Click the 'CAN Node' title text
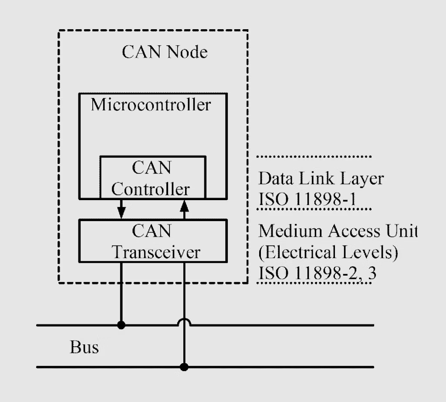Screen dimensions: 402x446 tap(165, 52)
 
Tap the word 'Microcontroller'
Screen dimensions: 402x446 tap(151, 105)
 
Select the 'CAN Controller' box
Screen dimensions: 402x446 tap(152, 178)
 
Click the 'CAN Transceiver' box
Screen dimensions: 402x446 tap(152, 241)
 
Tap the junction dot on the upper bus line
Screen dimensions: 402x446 tap(122, 325)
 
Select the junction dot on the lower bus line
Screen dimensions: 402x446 tap(184, 367)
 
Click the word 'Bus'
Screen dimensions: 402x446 tap(84, 347)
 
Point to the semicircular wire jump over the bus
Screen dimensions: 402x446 tap(184, 322)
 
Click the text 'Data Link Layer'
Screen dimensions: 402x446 tap(321, 179)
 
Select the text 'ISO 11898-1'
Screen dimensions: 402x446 tap(307, 199)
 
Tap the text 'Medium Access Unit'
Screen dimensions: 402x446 tap(338, 231)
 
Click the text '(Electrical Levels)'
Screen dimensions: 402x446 tap(328, 252)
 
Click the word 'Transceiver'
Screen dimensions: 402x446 tap(156, 252)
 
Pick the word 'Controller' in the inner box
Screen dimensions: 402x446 tap(151, 189)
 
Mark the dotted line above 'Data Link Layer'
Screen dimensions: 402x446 tap(314, 156)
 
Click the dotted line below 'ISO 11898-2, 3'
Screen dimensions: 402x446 tap(314, 283)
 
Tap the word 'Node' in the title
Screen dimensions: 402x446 tap(187, 52)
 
